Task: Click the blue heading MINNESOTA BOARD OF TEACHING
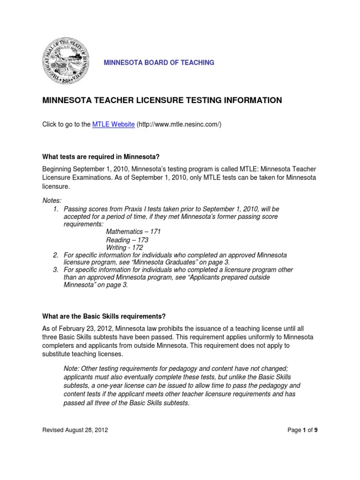155,62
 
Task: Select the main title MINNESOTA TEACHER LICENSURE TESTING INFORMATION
162,100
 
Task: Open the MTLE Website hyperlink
113,124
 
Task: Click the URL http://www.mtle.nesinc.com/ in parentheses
179,124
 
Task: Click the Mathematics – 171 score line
133,232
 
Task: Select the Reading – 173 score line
127,240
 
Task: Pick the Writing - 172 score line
124,247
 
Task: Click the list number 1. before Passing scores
56,209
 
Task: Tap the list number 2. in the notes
56,255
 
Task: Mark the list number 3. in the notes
56,270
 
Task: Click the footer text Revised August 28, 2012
75,430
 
